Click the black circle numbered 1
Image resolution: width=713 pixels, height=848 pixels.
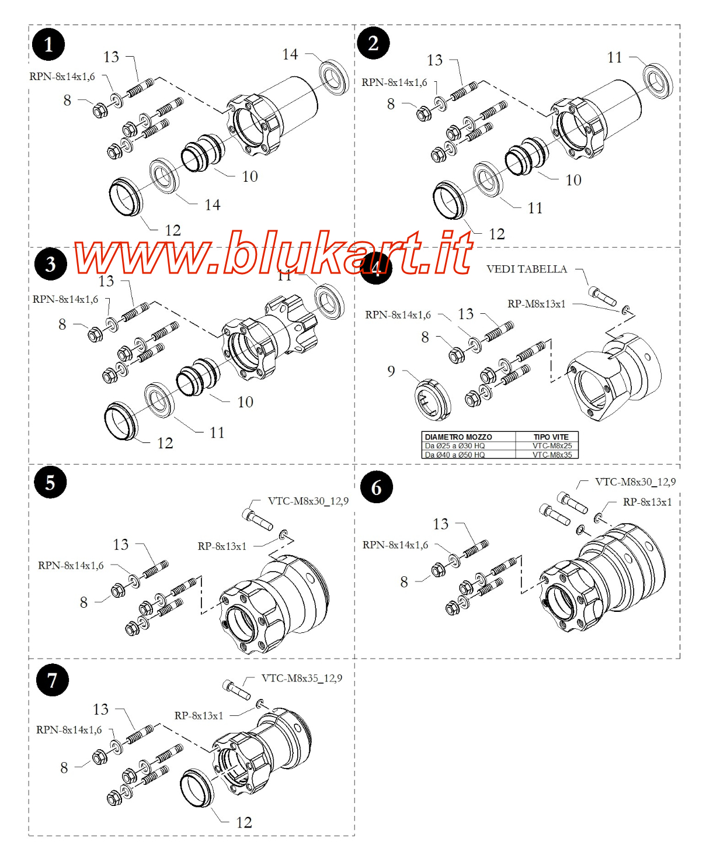(48, 44)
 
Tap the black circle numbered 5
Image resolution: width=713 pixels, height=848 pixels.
(50, 483)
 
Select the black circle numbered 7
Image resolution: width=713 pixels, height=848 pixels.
(53, 680)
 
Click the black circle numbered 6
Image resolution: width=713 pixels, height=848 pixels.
(377, 487)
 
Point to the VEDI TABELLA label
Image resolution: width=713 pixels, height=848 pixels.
(526, 269)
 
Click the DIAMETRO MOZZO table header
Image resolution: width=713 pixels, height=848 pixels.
(458, 437)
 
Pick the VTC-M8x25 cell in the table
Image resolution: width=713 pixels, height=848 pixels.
(552, 446)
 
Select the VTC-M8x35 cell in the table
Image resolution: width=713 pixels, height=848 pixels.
(552, 455)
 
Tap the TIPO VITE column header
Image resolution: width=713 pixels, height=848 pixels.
(551, 437)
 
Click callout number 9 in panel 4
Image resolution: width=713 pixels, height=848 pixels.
(391, 371)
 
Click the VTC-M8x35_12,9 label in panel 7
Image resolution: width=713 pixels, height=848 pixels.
(302, 679)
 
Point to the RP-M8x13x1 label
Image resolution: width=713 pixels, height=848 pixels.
(536, 304)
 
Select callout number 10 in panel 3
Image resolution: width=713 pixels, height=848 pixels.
(245, 402)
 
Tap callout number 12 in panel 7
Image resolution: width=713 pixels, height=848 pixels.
(244, 823)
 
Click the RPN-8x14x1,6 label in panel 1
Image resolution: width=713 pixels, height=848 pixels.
(62, 77)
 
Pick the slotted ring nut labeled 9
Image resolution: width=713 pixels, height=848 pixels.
(433, 400)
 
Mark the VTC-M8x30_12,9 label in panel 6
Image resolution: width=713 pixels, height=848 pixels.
(635, 482)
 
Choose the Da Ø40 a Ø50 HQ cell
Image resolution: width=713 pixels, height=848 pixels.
(454, 455)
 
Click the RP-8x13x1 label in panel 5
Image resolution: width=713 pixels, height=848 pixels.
(222, 546)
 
